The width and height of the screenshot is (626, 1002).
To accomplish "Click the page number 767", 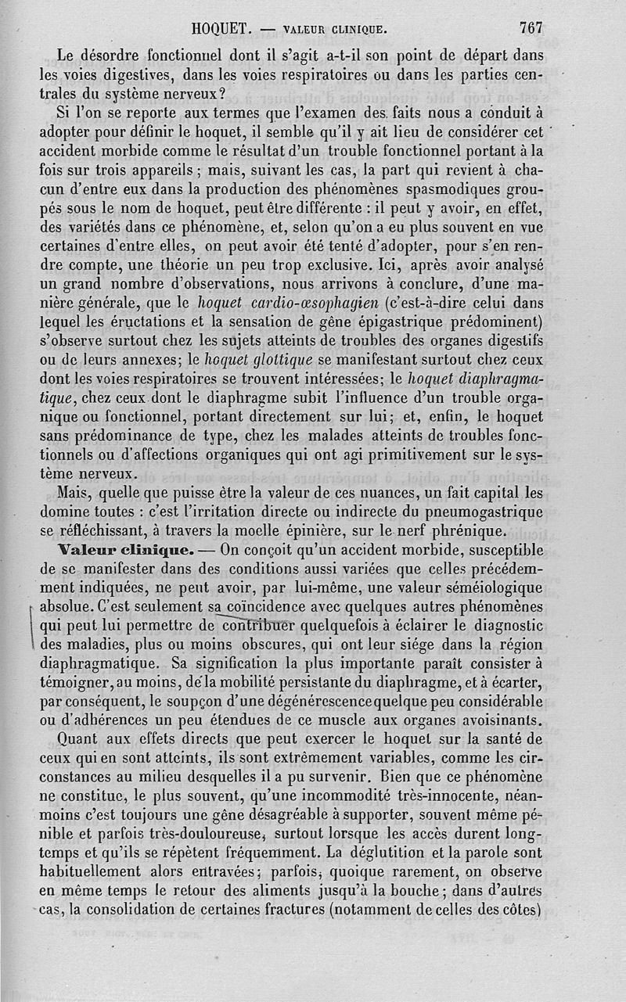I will click(531, 27).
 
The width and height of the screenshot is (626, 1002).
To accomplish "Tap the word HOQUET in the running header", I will click(220, 29).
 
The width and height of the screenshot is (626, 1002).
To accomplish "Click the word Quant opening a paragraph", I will click(83, 739).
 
